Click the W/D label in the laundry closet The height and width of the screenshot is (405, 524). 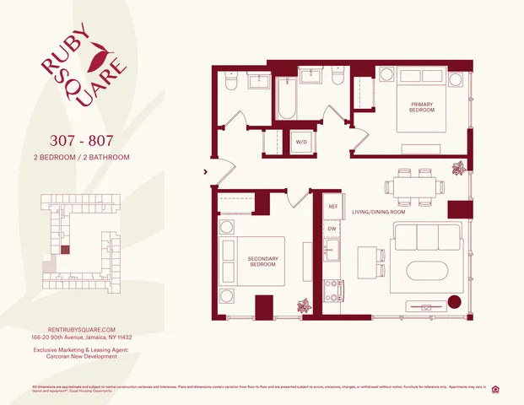300,143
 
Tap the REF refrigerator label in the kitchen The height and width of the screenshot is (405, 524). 332,206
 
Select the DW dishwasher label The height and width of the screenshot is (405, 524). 332,228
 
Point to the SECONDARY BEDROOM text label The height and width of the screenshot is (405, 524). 262,262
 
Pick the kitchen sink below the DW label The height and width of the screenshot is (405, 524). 332,251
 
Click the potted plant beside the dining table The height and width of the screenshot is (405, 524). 459,168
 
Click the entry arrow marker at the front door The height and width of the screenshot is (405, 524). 206,173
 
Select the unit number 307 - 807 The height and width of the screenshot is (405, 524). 82,140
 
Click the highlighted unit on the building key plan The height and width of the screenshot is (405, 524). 66,250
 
